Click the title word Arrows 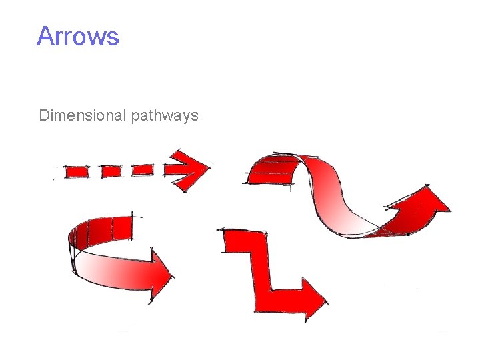(x=78, y=36)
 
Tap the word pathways (x=165, y=116)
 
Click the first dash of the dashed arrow (x=76, y=171)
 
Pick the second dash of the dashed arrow (x=111, y=171)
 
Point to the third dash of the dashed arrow (x=142, y=170)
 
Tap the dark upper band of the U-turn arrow (x=107, y=228)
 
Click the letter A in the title (x=45, y=36)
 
